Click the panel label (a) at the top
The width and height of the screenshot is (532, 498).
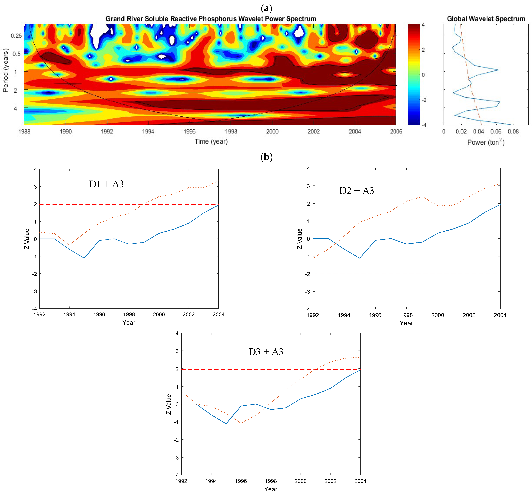[x=266, y=8]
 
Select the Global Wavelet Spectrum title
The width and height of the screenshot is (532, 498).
[x=486, y=19]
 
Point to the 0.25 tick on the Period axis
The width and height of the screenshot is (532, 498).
[x=16, y=36]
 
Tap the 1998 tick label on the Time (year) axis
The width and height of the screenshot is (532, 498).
[x=231, y=132]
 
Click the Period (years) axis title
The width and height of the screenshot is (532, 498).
[x=6, y=70]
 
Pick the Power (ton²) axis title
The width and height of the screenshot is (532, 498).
[x=486, y=142]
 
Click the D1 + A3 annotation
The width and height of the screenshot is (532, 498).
[x=106, y=184]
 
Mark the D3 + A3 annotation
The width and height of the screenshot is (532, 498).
[x=266, y=352]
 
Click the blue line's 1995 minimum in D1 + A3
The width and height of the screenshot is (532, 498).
[x=84, y=258]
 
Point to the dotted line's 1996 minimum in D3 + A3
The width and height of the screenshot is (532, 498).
[x=241, y=423]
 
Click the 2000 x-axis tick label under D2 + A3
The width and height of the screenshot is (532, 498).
[x=437, y=315]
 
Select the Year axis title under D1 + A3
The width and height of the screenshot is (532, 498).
[x=129, y=322]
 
